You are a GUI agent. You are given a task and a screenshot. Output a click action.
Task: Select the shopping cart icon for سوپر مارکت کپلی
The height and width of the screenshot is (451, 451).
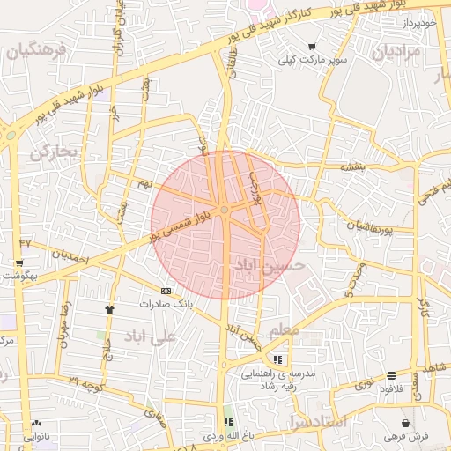312,46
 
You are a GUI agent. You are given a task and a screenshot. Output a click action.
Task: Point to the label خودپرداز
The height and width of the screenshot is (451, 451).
417,21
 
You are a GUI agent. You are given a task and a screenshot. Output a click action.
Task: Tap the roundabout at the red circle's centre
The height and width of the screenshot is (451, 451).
225,210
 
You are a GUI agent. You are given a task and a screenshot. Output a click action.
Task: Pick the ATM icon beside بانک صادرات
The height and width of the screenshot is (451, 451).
166,291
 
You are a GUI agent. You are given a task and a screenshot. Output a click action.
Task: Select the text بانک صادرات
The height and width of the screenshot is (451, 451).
165,304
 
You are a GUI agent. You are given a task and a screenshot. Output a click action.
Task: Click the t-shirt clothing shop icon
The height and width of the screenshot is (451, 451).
110,309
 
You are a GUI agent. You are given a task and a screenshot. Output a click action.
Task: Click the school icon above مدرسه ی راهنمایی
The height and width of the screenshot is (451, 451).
278,359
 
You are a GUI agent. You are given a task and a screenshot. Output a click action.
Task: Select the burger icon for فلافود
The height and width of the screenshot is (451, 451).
390,374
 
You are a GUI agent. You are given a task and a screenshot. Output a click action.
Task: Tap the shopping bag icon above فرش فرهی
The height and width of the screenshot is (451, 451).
406,422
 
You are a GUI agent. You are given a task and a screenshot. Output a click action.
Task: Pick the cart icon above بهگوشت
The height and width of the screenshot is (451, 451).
19,263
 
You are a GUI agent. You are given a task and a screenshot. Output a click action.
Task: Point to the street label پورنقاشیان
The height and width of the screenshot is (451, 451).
357,228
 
